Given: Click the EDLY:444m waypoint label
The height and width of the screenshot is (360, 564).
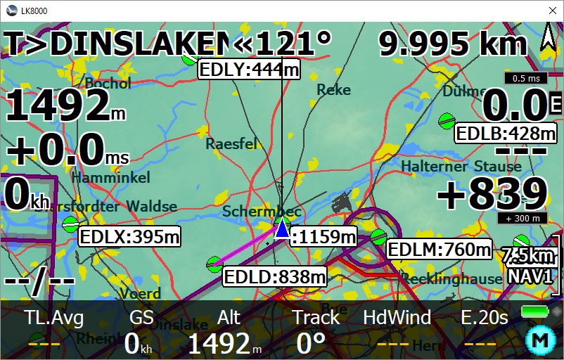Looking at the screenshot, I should (249, 69).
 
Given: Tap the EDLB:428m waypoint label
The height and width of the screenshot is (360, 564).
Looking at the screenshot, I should (506, 134).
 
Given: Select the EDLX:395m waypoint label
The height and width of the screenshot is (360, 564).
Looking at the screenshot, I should (129, 237).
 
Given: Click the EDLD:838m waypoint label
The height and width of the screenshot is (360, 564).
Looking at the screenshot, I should (275, 276).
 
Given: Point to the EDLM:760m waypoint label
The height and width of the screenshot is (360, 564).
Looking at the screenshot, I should (440, 249).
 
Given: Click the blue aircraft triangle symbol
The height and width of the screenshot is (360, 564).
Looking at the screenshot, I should (282, 229).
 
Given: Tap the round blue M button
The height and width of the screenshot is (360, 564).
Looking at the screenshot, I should (540, 341).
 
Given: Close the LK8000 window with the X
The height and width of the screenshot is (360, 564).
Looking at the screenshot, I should (551, 11).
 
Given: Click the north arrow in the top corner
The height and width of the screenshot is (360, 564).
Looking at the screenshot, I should (548, 37).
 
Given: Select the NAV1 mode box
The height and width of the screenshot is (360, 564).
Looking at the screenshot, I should (530, 276).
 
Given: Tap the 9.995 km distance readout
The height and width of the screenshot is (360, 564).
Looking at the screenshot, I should (453, 44).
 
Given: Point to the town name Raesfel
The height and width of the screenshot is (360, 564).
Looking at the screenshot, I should (231, 143).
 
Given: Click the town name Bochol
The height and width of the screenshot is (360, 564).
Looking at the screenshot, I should (107, 83).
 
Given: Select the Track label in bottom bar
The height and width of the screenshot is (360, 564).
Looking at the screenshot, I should (316, 318).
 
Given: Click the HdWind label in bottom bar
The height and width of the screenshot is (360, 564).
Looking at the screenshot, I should (397, 318).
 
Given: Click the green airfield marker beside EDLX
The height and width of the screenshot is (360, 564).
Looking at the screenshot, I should (70, 225).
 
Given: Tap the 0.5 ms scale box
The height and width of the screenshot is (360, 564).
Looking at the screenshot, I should (525, 79).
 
